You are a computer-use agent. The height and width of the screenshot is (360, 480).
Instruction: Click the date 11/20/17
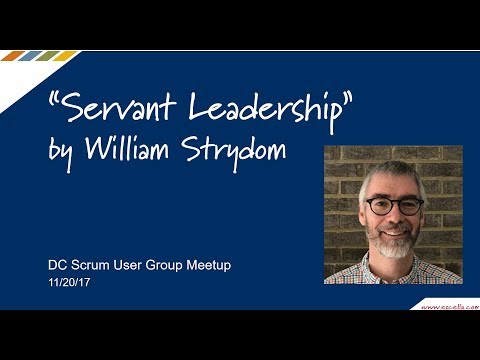70,285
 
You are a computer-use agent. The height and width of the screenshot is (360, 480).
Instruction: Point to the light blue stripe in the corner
63,56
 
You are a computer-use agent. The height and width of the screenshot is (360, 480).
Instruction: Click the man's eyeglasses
394,204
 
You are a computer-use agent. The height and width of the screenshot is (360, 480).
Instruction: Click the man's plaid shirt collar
394,268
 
